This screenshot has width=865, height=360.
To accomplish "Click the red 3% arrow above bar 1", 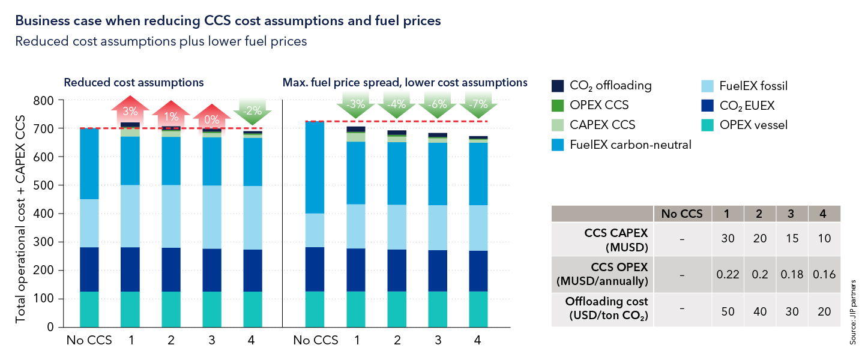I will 130,111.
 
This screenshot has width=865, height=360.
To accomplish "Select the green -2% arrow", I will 253,110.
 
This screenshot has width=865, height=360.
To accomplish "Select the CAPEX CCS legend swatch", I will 558,125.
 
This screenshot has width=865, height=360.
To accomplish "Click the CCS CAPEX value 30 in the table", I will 726,238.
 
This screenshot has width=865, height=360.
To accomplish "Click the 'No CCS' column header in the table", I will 682,214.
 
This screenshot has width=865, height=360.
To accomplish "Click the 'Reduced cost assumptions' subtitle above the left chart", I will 134,82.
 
